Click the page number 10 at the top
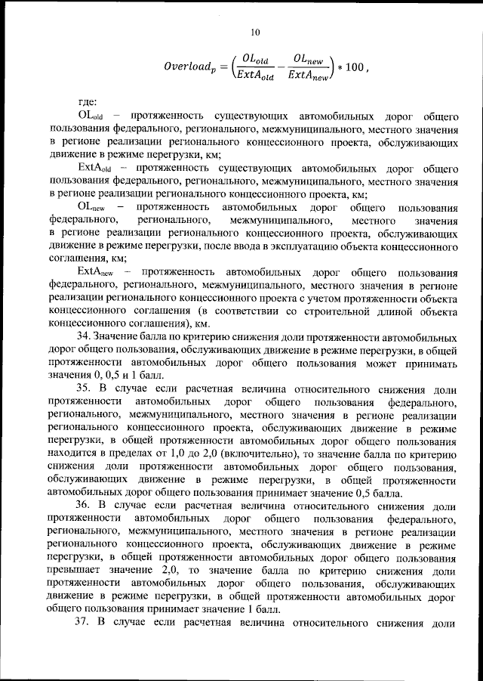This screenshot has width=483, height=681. (x=254, y=32)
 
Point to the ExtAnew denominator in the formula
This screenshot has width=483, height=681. (x=310, y=74)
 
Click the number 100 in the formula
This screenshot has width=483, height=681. (x=355, y=66)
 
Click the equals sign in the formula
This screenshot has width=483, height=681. (x=224, y=66)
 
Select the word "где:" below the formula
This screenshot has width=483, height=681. (x=88, y=103)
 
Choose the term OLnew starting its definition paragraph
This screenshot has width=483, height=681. (x=92, y=206)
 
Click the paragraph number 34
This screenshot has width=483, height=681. (x=85, y=335)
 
